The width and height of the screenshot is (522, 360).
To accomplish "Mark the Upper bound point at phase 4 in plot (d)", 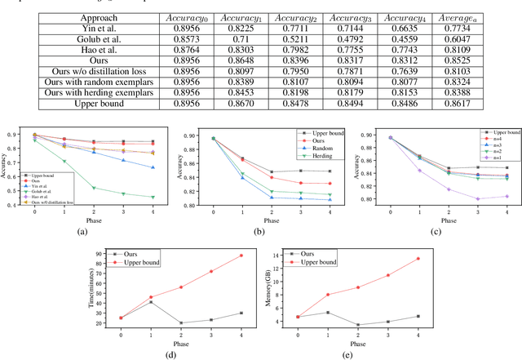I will point(241,256).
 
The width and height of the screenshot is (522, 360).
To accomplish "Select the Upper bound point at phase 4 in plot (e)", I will point(418,259).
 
